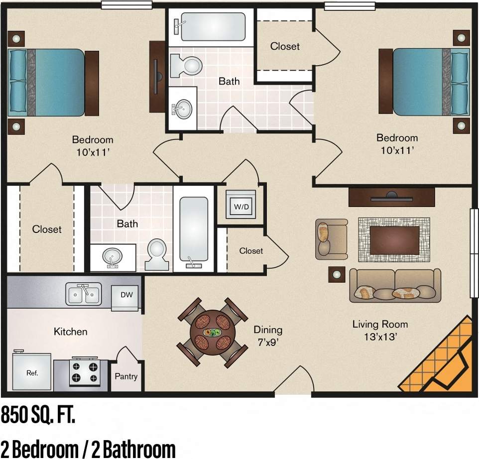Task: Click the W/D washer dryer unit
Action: [x=241, y=205]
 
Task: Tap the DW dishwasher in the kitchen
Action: [x=126, y=296]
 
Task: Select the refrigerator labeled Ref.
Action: [x=31, y=371]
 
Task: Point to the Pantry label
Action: [x=126, y=376]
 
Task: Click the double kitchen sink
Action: [x=84, y=294]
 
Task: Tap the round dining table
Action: [x=213, y=333]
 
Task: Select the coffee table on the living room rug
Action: [x=394, y=240]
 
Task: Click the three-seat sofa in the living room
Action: [x=395, y=286]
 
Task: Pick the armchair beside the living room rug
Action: [x=331, y=239]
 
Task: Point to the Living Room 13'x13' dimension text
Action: [x=380, y=331]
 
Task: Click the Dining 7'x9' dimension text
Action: [x=268, y=336]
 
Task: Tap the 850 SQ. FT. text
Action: [x=38, y=415]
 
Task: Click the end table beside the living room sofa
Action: [x=337, y=274]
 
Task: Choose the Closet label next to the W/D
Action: [x=251, y=251]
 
